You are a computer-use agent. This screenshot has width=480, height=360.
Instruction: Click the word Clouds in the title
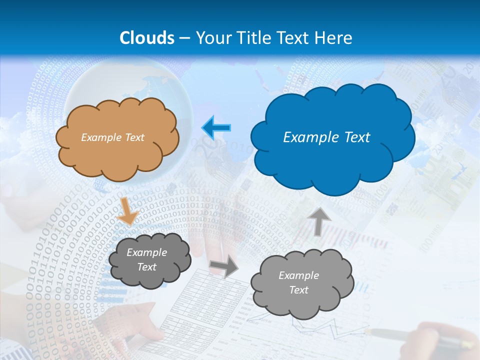click(x=147, y=38)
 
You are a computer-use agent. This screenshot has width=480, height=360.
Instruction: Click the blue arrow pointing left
click(x=216, y=128)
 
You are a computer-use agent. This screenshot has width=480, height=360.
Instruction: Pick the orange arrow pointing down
click(x=128, y=210)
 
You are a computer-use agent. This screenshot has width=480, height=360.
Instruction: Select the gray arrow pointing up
click(x=319, y=220)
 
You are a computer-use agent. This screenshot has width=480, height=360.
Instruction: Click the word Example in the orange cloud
click(x=99, y=137)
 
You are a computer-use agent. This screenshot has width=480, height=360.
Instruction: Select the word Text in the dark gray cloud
click(x=146, y=267)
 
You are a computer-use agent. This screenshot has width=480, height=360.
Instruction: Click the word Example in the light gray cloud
click(x=298, y=275)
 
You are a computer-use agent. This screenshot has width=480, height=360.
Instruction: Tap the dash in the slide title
click(x=184, y=38)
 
